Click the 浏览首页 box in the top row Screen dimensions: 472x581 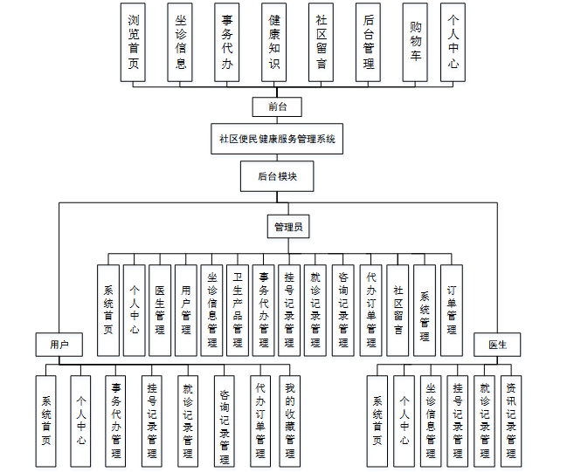point(133,43)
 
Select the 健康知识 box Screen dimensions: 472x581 point(273,43)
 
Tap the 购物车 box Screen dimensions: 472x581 point(414,43)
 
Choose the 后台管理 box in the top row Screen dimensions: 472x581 point(368,43)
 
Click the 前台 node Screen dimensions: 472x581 point(277,106)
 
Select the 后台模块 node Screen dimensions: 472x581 point(277,176)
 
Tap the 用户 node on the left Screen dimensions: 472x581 point(59,345)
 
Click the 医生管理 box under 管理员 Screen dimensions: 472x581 point(160,311)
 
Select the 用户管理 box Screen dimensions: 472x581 point(186,311)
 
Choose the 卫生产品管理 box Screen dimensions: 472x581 point(238,311)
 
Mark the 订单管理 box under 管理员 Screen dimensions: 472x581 point(452,311)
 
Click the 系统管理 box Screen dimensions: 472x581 point(425,311)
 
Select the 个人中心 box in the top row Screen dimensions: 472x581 point(453,43)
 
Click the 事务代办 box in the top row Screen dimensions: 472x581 point(227,43)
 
